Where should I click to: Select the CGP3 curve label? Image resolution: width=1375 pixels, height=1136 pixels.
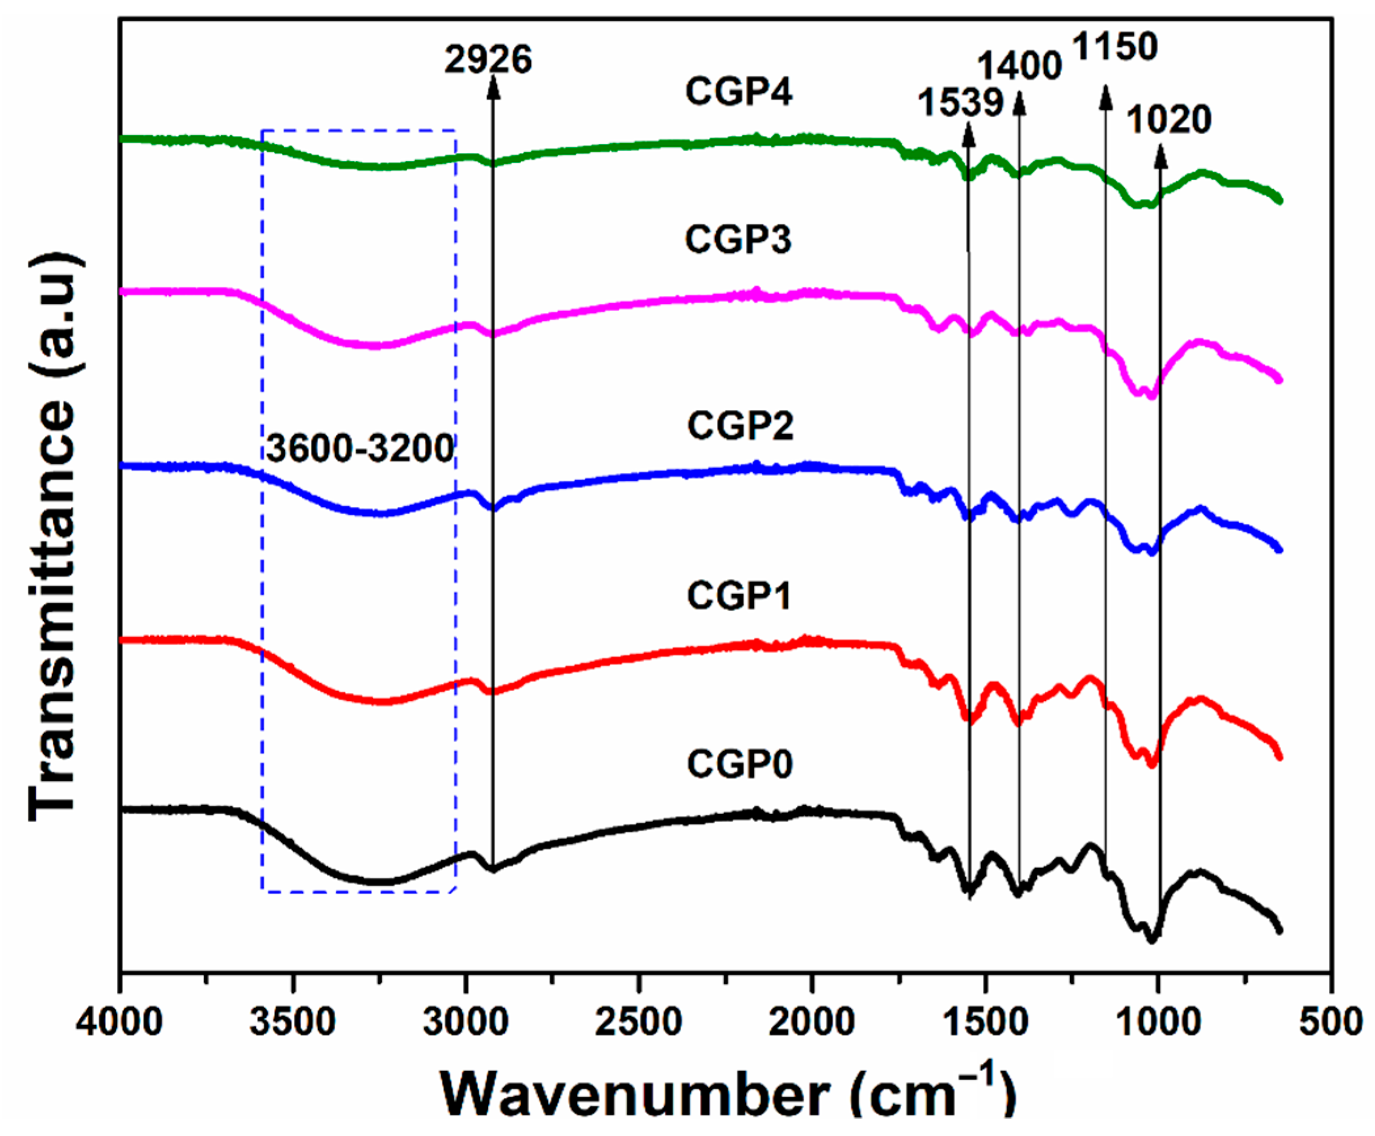click(x=739, y=240)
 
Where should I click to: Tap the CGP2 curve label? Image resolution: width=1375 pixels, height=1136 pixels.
click(x=740, y=426)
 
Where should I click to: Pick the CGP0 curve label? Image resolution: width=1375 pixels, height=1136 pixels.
click(x=740, y=764)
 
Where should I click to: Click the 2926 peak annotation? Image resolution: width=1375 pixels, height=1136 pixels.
click(x=488, y=60)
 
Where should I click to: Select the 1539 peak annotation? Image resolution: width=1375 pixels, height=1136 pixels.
click(x=960, y=103)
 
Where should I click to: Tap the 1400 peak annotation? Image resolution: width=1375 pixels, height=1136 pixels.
click(x=1019, y=66)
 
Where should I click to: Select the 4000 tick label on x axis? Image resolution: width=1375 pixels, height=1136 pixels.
click(x=119, y=1022)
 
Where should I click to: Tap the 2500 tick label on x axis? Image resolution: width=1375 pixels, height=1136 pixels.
click(x=639, y=1022)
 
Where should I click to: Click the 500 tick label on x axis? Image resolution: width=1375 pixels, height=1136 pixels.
click(x=1330, y=1022)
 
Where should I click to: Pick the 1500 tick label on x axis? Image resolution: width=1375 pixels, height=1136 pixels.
click(x=985, y=1022)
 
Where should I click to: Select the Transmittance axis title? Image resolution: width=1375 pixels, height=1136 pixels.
click(x=56, y=537)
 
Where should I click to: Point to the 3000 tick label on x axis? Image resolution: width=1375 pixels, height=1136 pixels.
click(x=465, y=1022)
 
